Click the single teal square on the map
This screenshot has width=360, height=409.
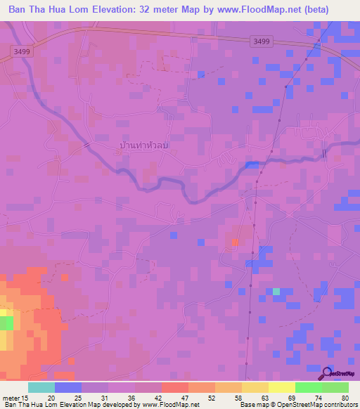click(x=276, y=291)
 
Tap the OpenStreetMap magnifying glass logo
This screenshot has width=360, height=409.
click(x=327, y=373)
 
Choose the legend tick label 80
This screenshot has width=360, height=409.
click(x=345, y=397)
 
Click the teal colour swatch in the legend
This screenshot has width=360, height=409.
click(x=41, y=387)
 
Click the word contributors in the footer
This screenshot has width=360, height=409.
click(x=337, y=405)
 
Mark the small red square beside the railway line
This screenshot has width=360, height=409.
click(x=234, y=242)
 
